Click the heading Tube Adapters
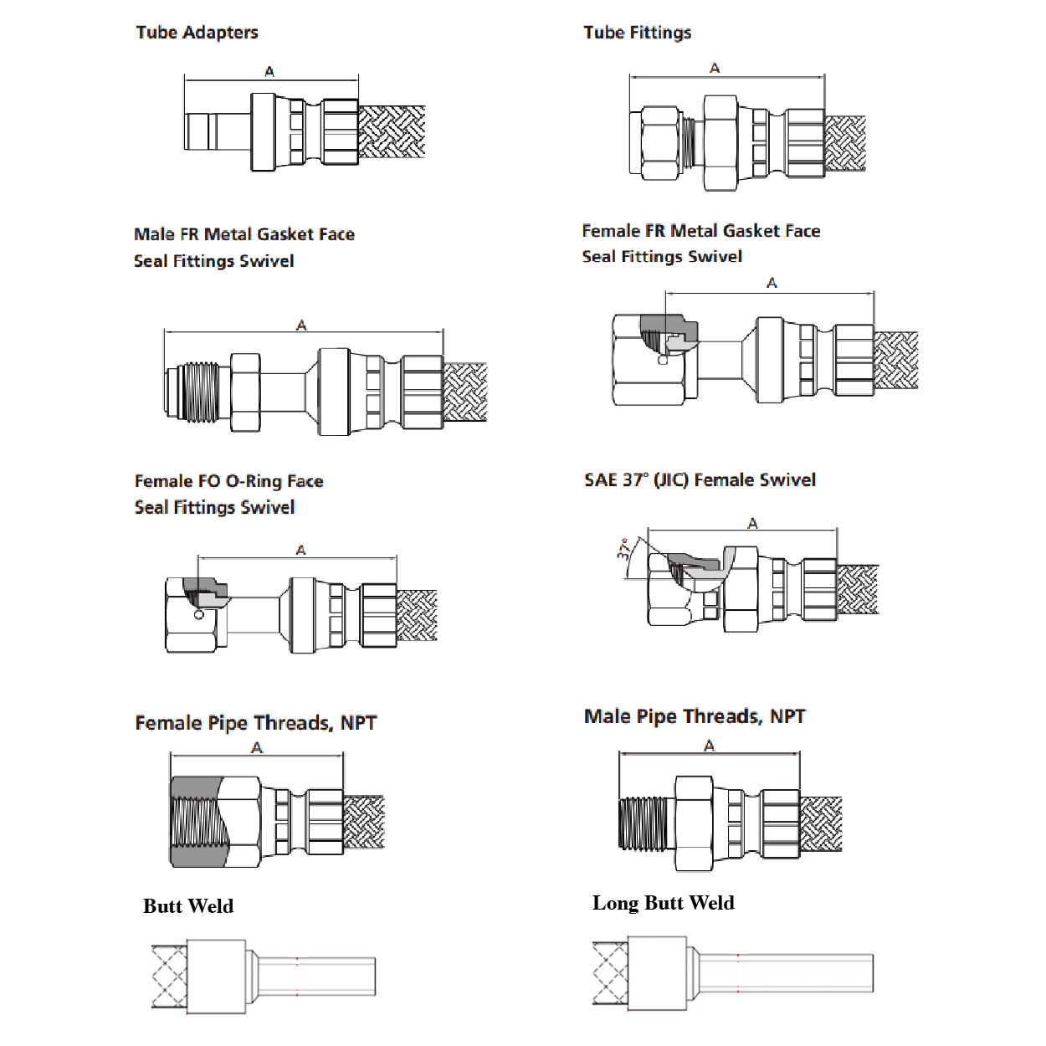coord(197,33)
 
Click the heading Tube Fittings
coord(637,33)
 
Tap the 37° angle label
coord(624,549)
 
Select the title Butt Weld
coord(188,906)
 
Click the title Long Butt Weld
coord(663,903)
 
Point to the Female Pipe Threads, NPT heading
coord(255,723)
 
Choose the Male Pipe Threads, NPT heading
coord(695,716)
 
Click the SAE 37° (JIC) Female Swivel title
coord(700,480)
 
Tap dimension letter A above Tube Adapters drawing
coord(269,72)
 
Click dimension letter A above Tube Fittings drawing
coord(715,68)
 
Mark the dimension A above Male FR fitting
coord(301,325)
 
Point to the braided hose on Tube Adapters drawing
coord(392,131)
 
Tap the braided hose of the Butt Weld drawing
coord(168,977)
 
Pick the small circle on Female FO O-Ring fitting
coord(198,615)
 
